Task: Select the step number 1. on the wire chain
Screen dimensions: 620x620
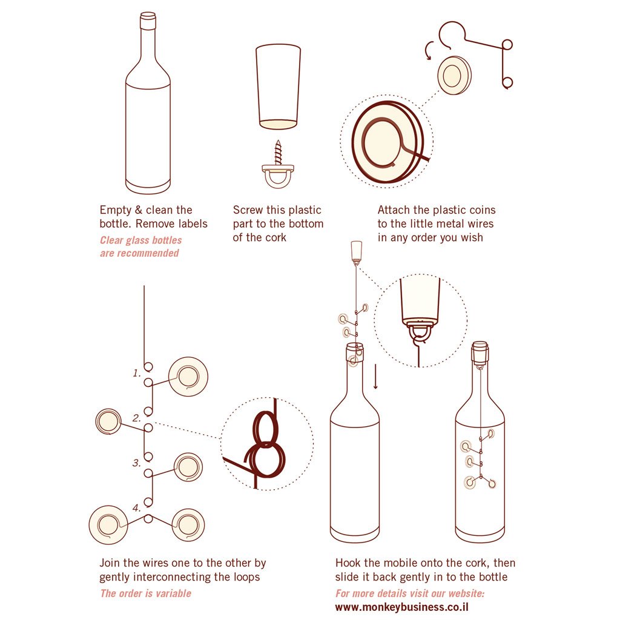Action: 137,373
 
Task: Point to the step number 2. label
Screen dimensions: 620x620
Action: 137,418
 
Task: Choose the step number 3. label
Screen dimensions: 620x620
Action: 137,463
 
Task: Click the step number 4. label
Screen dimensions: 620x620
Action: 137,507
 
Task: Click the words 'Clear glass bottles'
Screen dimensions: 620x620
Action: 140,240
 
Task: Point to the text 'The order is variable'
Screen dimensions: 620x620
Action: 145,593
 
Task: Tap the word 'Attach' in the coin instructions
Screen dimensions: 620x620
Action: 394,210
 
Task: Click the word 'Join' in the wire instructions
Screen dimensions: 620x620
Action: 111,563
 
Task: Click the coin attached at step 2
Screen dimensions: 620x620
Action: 110,421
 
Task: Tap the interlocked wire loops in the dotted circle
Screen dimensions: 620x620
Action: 265,446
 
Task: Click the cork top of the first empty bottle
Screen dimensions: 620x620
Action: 148,22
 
